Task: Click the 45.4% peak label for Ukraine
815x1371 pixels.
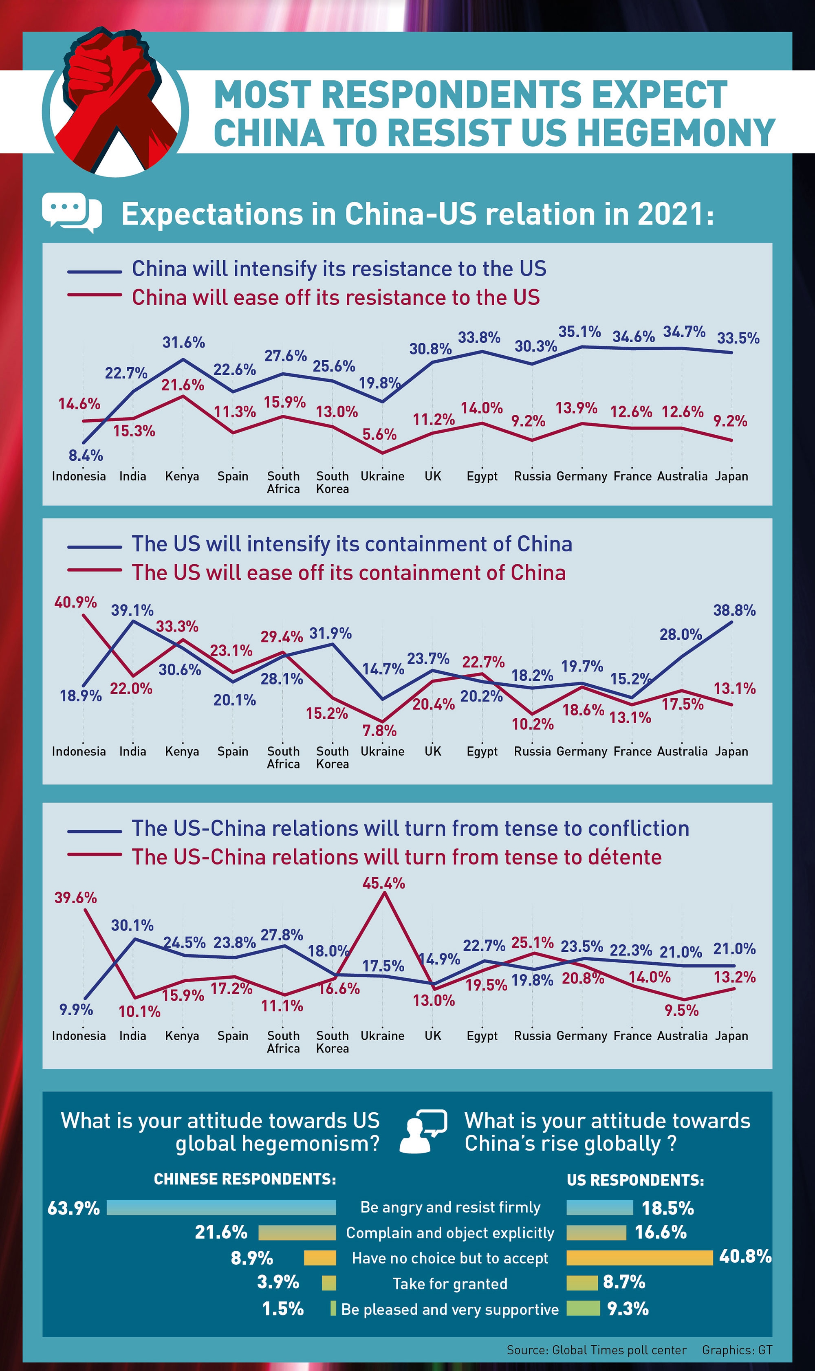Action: tap(383, 883)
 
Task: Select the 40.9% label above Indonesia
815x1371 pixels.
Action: tap(75, 602)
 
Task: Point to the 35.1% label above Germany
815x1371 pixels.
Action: tap(579, 332)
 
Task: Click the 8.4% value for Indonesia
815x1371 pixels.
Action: tap(86, 455)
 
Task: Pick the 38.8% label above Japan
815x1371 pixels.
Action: tap(734, 610)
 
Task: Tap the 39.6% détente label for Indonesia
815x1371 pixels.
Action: tap(75, 898)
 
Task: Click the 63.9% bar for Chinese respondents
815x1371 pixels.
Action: tap(221, 1207)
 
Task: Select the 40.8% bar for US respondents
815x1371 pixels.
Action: tap(639, 1257)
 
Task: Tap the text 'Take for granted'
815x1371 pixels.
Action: tap(450, 1283)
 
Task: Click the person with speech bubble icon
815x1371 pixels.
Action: tap(422, 1131)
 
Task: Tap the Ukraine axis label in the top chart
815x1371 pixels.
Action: tap(382, 476)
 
